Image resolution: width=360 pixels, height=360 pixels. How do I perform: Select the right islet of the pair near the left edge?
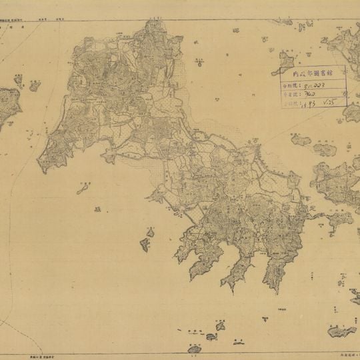tap(34, 85)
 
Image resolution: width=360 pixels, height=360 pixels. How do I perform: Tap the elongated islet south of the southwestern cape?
tap(83, 189)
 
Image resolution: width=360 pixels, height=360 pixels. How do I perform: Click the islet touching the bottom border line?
tap(195, 349)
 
